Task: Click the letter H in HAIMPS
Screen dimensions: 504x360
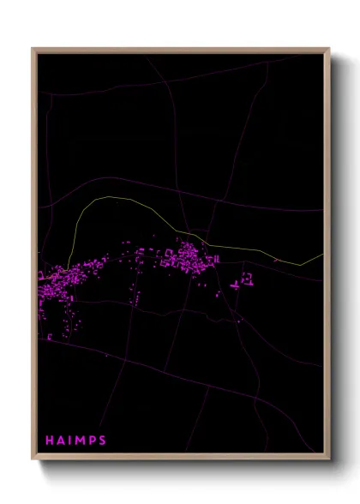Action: tap(49, 441)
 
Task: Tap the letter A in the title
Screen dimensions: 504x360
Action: tap(61, 441)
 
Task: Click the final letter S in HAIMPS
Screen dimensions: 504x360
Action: tap(103, 441)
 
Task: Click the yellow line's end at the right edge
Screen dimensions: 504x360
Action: tap(323, 254)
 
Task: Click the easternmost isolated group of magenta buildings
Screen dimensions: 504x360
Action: tap(247, 279)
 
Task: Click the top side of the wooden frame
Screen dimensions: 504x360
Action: tap(180, 50)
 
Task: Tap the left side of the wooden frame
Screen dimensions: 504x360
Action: tap(34, 257)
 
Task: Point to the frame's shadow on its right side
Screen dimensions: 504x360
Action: tap(336, 257)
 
